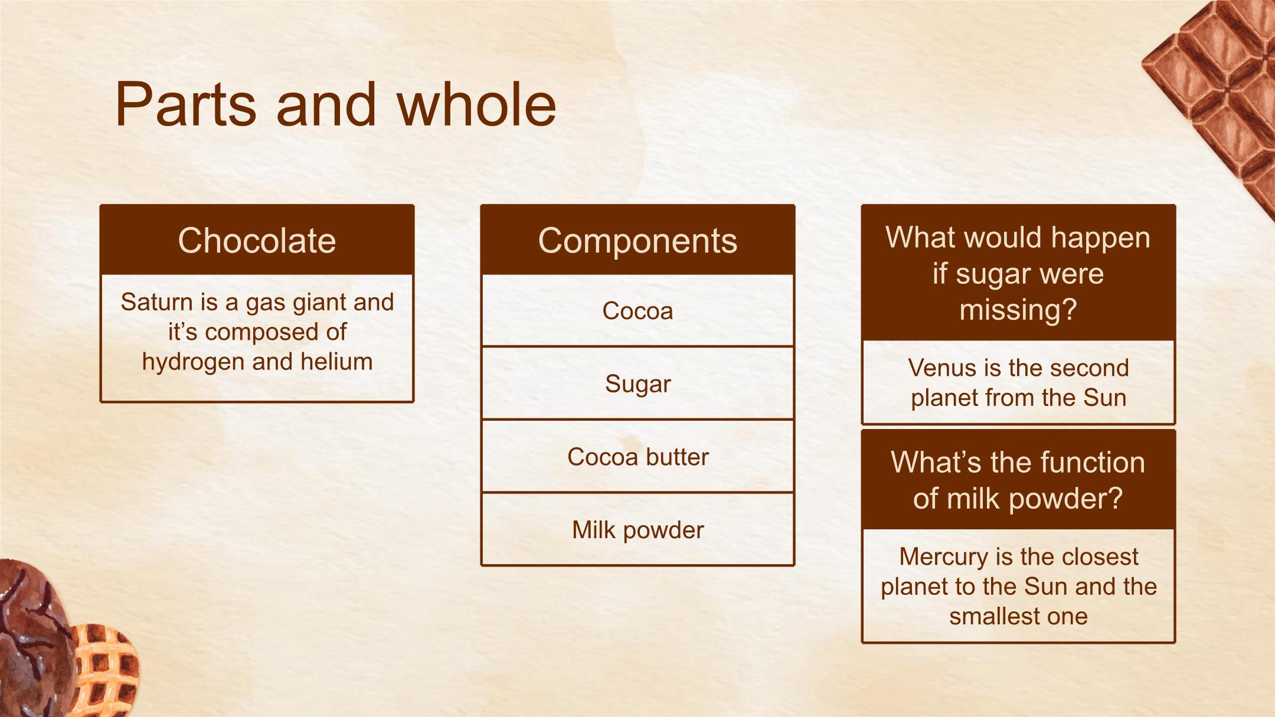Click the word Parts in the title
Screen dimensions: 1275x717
[x=186, y=105]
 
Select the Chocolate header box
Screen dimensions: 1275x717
[x=257, y=240]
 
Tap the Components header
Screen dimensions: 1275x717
[x=637, y=240]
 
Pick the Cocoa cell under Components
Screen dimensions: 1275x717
[x=637, y=310]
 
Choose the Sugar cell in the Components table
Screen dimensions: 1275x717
[x=637, y=384]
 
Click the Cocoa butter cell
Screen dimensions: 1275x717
[x=637, y=457]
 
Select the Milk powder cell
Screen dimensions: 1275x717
[x=637, y=530]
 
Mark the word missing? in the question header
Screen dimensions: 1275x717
[x=1018, y=310]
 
